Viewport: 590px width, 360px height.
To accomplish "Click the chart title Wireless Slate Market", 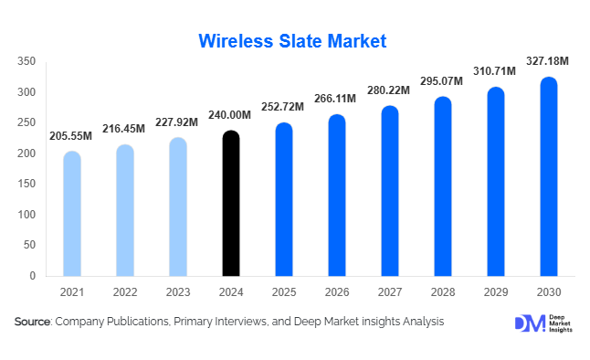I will click(292, 41).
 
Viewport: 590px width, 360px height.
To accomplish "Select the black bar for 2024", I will click(231, 204).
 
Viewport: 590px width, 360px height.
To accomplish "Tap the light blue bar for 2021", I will click(71, 214).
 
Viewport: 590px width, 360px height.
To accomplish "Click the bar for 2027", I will click(390, 191).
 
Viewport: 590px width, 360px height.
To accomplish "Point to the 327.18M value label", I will click(548, 61).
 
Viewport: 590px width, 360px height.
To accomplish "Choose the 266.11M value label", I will click(337, 100).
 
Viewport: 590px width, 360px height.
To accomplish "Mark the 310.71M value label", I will click(496, 70).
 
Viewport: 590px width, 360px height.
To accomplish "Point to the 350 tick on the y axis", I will click(26, 61).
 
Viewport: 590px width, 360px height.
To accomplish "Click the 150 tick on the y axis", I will click(26, 184).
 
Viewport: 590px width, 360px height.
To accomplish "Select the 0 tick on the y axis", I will click(32, 275).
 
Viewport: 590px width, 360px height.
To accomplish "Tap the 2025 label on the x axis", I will click(284, 292).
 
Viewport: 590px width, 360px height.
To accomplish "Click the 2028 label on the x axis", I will click(443, 292).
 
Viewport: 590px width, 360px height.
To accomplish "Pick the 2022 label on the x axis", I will click(125, 292).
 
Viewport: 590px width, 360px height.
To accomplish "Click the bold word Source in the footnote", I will click(33, 322).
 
